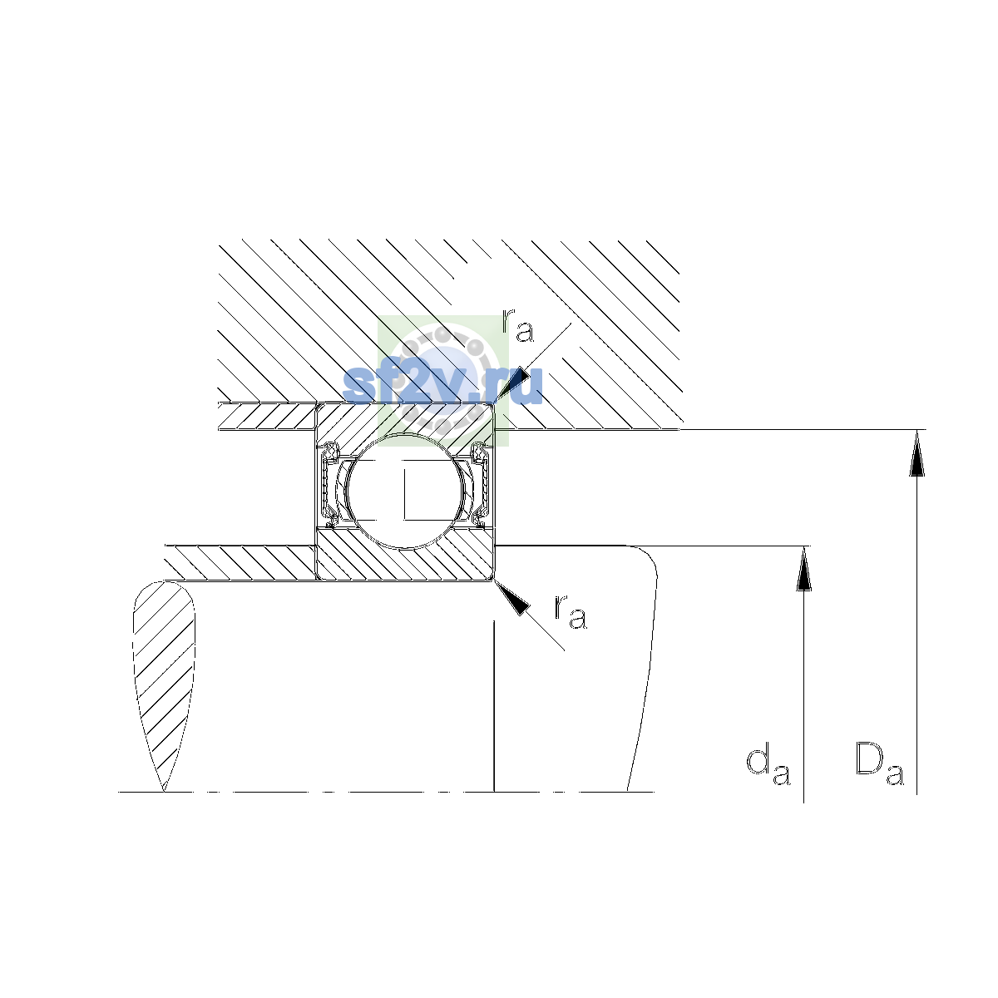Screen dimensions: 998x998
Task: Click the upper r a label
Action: point(517,325)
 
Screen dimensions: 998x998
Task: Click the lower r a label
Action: point(571,611)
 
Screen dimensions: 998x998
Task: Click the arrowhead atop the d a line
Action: point(803,569)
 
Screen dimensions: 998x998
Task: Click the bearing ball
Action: point(406,491)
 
